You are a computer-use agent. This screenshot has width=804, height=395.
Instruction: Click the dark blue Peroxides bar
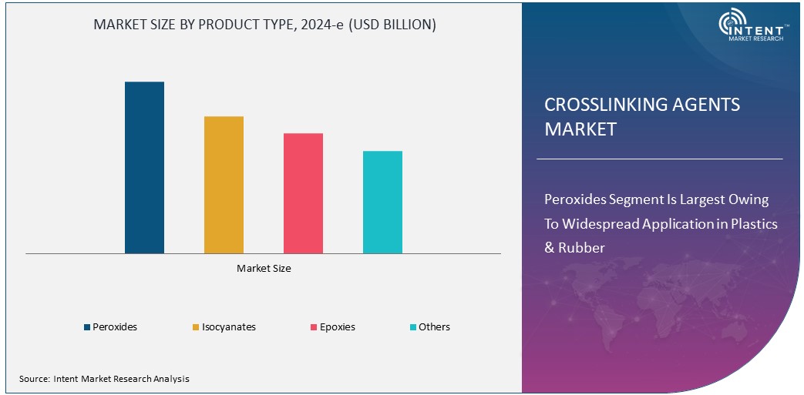[144, 167]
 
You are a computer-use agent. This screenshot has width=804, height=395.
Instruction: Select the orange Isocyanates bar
[224, 185]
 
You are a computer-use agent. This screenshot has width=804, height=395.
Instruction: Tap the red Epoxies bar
[303, 193]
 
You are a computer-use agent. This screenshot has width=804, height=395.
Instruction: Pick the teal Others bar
[382, 202]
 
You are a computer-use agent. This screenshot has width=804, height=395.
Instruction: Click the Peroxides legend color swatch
[87, 327]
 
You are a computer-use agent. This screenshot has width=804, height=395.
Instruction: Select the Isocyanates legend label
[228, 327]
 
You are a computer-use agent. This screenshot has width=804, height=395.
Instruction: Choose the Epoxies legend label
[338, 327]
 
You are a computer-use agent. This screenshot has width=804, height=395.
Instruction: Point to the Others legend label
[434, 327]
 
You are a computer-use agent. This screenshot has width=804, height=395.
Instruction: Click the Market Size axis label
[264, 269]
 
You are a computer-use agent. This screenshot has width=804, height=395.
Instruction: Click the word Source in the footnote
[34, 379]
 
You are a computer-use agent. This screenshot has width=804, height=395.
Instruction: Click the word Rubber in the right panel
[582, 248]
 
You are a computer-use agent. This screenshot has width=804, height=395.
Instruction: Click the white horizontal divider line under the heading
[659, 159]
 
